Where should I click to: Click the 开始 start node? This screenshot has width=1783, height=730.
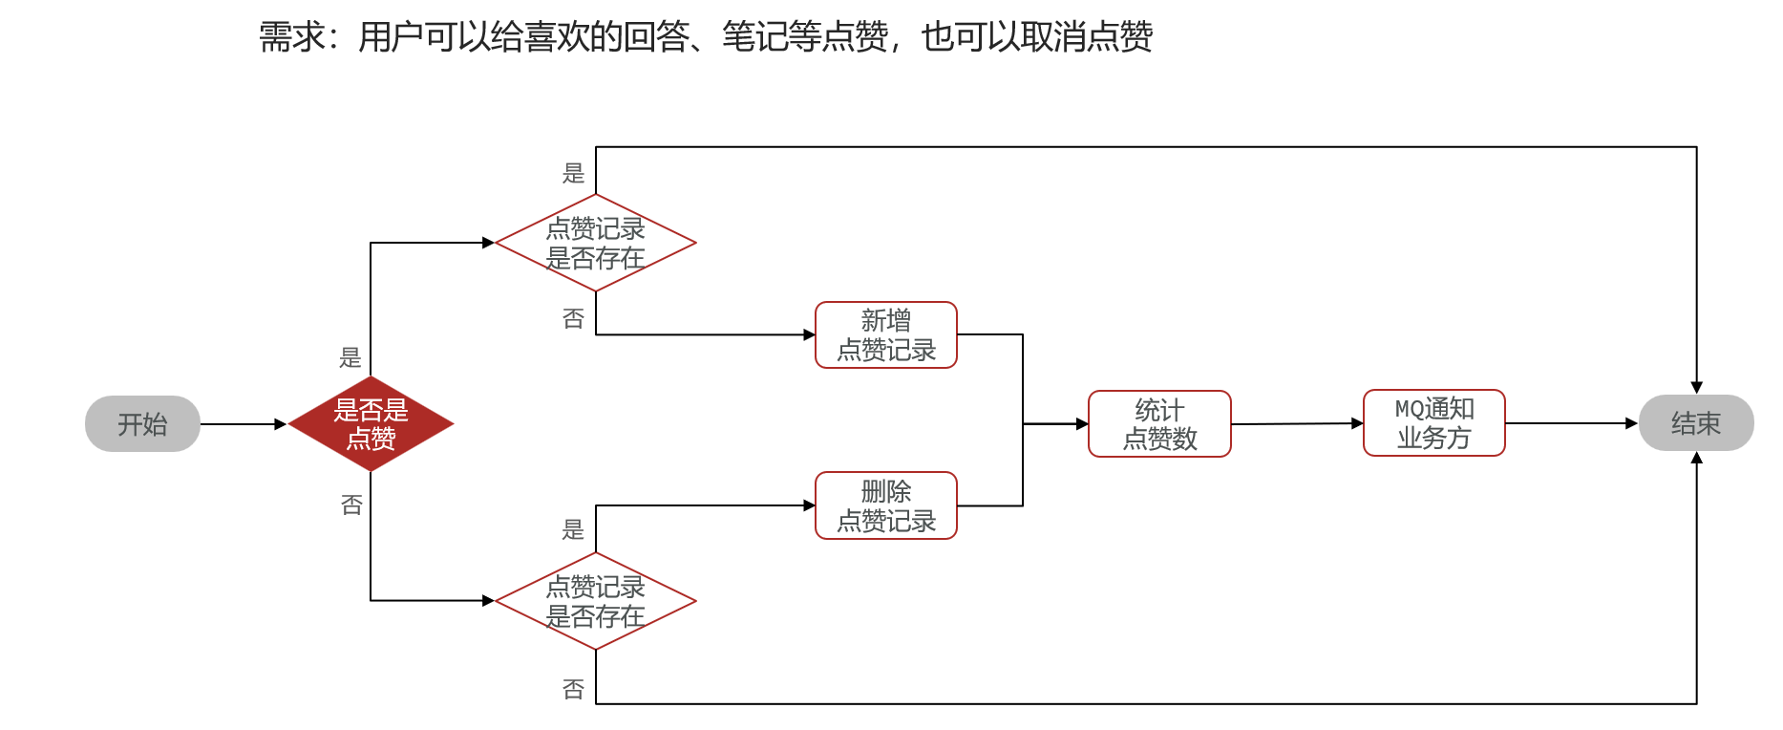142,423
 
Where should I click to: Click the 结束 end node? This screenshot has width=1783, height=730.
1695,423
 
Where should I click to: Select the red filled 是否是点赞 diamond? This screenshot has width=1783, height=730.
371,424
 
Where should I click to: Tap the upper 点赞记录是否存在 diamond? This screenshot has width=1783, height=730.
595,243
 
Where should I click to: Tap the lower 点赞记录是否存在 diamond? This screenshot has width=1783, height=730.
595,601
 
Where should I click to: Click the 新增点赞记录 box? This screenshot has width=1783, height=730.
885,334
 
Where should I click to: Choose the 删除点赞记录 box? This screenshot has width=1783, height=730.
885,505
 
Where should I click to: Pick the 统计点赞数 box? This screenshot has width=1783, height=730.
1159,423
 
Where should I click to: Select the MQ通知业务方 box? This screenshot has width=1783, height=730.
1433,422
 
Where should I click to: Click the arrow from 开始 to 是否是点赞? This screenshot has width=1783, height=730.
243,423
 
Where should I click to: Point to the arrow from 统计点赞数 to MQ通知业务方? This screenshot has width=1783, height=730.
1297,423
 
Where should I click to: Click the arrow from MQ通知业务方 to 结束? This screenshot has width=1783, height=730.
1571,423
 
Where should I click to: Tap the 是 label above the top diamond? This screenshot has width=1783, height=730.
573,173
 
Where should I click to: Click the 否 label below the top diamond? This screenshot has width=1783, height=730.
573,318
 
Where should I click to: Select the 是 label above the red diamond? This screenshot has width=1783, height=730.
350,357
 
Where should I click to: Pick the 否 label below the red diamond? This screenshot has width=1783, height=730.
351,504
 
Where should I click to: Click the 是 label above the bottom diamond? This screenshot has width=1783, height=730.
573,529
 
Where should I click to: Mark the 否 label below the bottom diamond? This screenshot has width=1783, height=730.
573,689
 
